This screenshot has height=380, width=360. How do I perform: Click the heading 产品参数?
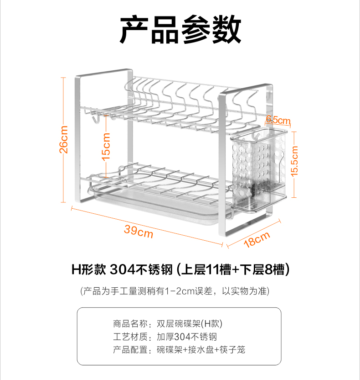[180, 30]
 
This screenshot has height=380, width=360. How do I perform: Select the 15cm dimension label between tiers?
[106, 146]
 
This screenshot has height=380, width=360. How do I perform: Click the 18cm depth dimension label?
[257, 239]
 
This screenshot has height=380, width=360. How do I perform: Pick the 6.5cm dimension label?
[278, 120]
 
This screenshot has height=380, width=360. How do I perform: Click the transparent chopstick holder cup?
[259, 167]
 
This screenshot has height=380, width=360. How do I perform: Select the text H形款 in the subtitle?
[88, 269]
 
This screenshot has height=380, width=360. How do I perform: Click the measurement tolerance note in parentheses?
[180, 291]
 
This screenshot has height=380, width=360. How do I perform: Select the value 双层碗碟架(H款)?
[189, 324]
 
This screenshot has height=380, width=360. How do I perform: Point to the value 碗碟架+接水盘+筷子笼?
[201, 350]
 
